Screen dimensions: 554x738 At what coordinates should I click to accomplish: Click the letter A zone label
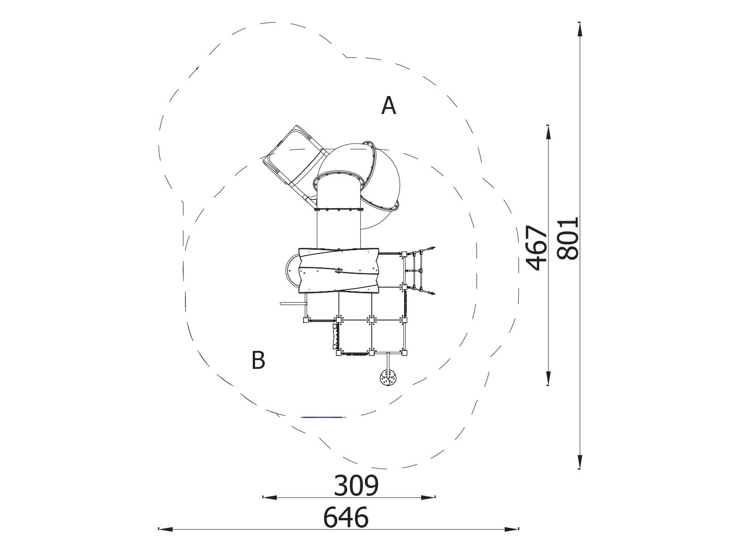[x=388, y=106]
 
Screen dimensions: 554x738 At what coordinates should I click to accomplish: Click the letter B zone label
[x=258, y=360]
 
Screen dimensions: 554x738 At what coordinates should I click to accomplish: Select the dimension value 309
[x=356, y=486]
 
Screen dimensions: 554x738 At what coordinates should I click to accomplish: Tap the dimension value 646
[x=346, y=518]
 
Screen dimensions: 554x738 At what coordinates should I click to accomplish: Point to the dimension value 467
[x=537, y=247]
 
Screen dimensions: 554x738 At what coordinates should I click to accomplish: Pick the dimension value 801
[x=567, y=239]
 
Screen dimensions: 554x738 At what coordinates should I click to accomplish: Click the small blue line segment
[x=322, y=417]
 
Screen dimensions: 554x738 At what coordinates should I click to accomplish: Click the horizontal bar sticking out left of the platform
[x=292, y=303]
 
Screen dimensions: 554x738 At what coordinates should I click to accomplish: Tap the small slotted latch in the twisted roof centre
[x=339, y=271]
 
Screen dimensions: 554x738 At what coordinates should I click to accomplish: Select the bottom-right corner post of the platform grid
[x=405, y=353]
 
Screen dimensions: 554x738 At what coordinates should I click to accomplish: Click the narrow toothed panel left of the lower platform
[x=335, y=336]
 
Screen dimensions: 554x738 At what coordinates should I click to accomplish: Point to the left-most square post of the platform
[x=305, y=320]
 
